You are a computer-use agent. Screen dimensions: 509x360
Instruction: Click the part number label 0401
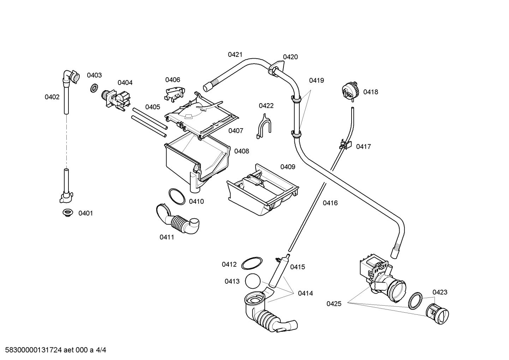(86, 213)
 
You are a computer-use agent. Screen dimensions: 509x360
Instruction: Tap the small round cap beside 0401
(68, 213)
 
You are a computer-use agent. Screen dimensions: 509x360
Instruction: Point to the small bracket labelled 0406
(174, 94)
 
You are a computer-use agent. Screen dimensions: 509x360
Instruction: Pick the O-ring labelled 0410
(177, 196)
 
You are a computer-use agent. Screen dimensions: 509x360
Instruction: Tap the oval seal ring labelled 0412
(252, 263)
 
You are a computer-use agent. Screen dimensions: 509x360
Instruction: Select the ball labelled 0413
(252, 281)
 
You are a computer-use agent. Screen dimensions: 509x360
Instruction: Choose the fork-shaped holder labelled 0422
(264, 126)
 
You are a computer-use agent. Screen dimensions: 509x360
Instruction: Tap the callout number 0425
(334, 303)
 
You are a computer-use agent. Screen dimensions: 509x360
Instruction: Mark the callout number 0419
(316, 80)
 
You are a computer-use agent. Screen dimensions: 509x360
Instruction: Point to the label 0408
(241, 151)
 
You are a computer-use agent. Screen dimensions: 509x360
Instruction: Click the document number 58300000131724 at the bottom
(34, 350)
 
